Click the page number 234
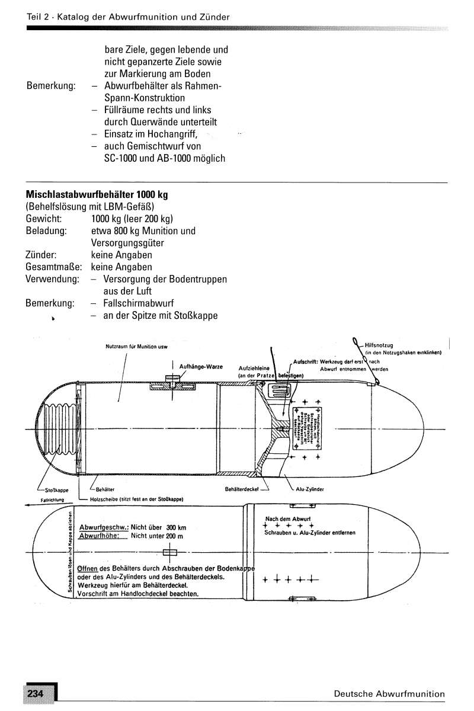35,694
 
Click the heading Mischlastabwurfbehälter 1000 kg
92,194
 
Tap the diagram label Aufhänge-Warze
201,367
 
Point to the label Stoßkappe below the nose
57,490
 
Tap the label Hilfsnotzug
379,345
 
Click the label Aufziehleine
254,368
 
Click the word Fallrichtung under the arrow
52,499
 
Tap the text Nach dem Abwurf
288,519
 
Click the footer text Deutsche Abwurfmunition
389,694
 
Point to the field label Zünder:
41,255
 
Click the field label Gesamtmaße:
52,267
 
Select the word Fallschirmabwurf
136,303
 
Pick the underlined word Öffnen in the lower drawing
87,569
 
